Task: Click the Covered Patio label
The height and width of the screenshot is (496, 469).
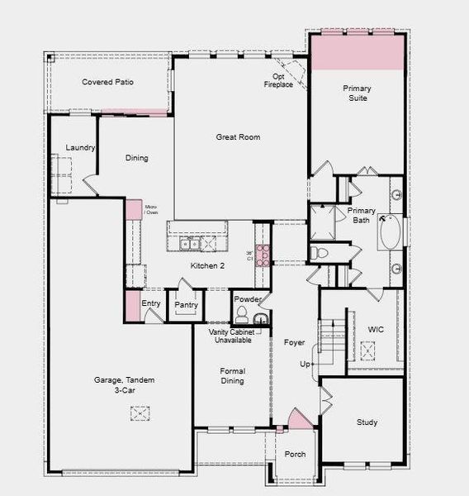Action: [107, 83]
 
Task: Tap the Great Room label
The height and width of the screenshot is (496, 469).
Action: [239, 137]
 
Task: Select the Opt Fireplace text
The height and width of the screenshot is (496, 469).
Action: [278, 81]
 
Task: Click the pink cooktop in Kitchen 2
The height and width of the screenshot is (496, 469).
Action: [263, 255]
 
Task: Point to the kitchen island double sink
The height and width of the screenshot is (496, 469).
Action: [190, 243]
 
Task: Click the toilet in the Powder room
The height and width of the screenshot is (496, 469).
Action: [242, 316]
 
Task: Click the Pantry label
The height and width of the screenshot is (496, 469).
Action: [183, 304]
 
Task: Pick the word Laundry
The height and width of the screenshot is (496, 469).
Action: [81, 148]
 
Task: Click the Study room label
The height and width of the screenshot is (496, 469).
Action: [367, 422]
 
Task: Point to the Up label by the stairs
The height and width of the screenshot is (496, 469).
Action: [305, 365]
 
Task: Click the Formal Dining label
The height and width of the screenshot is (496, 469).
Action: [232, 377]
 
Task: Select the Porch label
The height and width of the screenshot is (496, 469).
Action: [295, 455]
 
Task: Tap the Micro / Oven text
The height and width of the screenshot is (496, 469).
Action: [151, 210]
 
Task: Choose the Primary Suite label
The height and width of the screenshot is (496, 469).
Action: [357, 92]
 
